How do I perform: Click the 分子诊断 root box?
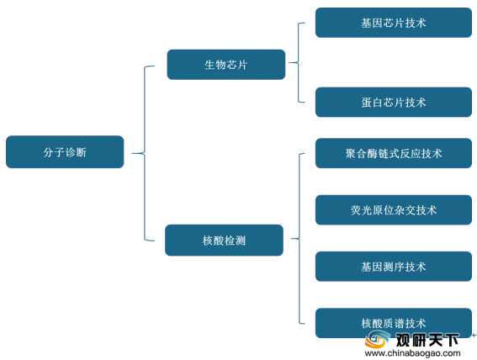point(65,151)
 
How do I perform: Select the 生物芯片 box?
point(226,65)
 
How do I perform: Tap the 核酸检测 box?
point(225,241)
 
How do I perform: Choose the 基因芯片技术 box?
point(394,23)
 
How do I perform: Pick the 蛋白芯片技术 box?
point(394,102)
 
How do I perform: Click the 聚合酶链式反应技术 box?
point(394,153)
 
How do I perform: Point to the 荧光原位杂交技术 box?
point(394,209)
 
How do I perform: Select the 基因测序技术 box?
point(394,267)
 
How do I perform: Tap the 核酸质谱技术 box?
point(394,323)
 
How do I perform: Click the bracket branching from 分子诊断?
point(145,153)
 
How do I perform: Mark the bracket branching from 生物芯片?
point(299,62)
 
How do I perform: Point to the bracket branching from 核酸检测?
point(299,238)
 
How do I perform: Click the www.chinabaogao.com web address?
point(412,353)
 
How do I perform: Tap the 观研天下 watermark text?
point(427,339)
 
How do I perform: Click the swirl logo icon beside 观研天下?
point(377,339)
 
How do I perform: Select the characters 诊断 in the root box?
point(76,152)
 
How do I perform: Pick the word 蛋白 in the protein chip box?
point(372,103)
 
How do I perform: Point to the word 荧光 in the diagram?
point(362,210)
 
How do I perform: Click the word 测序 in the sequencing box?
point(394,267)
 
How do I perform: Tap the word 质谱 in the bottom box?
point(394,323)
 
